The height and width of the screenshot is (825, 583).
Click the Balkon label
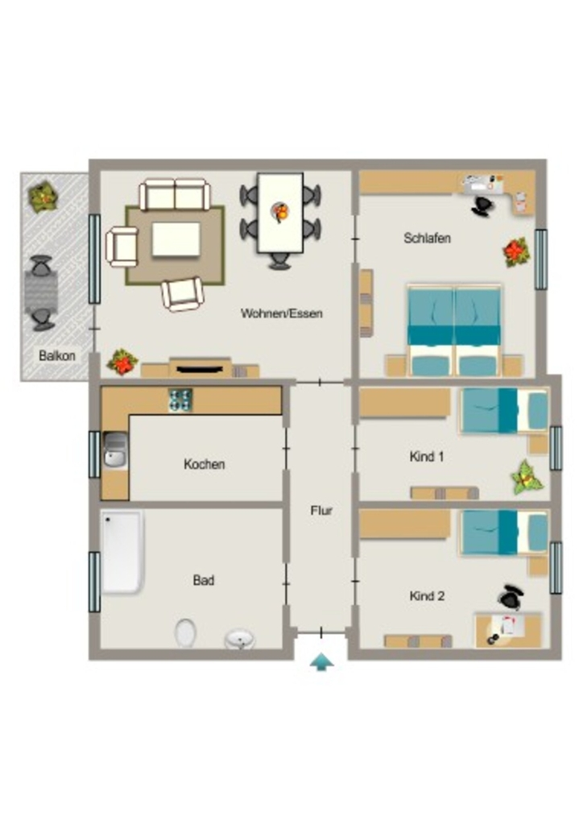(57, 355)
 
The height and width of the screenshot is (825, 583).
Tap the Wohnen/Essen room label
(281, 313)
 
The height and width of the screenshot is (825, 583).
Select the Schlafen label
(427, 238)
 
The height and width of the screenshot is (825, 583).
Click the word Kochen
(204, 464)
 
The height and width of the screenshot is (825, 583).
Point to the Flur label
(321, 510)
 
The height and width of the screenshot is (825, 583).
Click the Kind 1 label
(426, 456)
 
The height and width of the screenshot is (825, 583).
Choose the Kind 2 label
(427, 596)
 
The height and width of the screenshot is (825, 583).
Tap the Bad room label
(204, 580)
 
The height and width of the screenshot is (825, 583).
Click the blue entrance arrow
(321, 662)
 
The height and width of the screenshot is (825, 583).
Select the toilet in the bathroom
(185, 632)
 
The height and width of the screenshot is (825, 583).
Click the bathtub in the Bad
(122, 551)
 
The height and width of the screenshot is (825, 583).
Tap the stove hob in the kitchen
(180, 400)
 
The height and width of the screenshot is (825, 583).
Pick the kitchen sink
(115, 450)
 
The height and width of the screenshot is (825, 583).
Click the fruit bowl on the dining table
(281, 212)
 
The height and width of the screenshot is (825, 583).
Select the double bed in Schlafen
(454, 330)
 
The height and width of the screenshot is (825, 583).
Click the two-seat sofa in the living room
(175, 195)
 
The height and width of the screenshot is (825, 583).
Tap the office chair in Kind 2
(511, 597)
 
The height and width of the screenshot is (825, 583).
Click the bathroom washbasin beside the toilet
(240, 639)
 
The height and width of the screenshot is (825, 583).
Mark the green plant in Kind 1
(527, 477)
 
